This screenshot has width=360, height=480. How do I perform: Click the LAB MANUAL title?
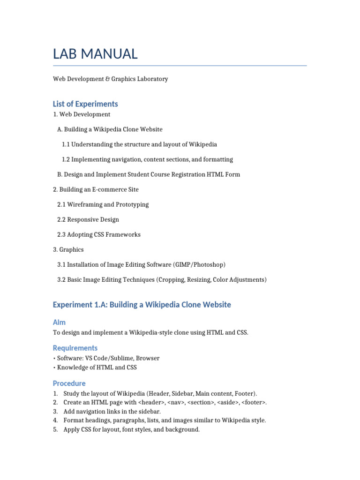click(95, 54)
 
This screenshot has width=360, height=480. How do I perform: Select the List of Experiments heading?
click(85, 104)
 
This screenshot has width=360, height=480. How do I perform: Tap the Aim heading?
click(59, 322)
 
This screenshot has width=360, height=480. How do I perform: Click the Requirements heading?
click(75, 348)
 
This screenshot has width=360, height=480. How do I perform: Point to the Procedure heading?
click(69, 383)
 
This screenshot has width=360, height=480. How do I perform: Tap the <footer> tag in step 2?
click(254, 402)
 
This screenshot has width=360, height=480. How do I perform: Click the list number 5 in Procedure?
click(55, 429)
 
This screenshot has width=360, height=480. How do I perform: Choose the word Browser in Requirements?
click(148, 358)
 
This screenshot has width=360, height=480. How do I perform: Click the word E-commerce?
click(107, 189)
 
